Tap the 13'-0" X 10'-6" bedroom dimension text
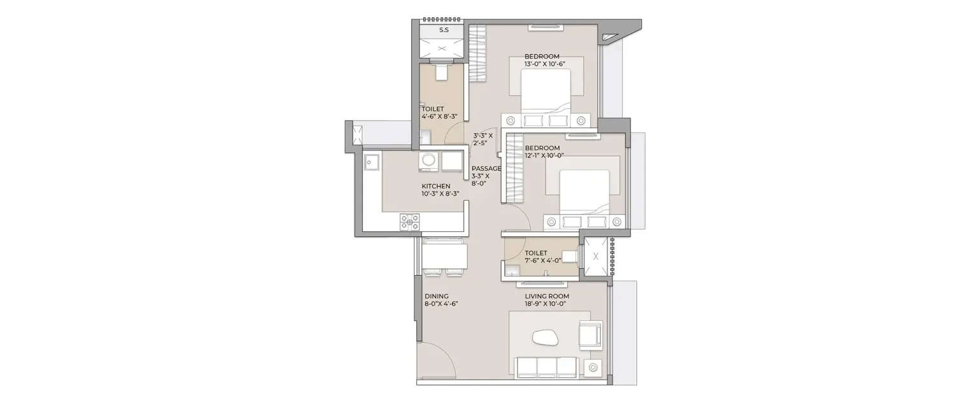coord(542,64)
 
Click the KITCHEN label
coord(436,186)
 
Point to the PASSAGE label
coord(486,169)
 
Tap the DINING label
coord(437,296)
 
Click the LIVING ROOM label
coord(547,296)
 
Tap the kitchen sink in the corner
coord(370,162)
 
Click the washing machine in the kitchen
coord(428,162)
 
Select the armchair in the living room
coord(590,334)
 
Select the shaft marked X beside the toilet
coord(596,257)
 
